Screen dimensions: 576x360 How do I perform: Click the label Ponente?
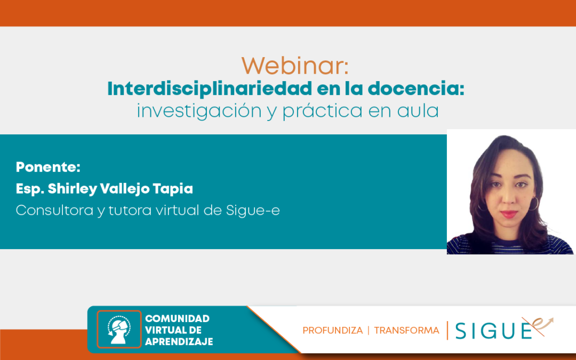(48, 167)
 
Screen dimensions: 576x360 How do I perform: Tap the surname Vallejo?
(125, 189)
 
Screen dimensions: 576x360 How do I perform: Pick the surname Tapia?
(173, 189)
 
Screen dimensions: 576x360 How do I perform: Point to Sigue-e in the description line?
(253, 211)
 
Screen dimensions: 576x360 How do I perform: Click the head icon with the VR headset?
(119, 329)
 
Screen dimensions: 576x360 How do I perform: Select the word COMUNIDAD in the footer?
(178, 318)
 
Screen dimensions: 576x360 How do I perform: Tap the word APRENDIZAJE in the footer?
(179, 342)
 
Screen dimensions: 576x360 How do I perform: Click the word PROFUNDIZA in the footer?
(333, 331)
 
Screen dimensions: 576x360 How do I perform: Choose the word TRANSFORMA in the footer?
(406, 331)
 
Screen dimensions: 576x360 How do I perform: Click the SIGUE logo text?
(494, 330)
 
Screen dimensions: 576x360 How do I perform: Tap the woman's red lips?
(508, 214)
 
